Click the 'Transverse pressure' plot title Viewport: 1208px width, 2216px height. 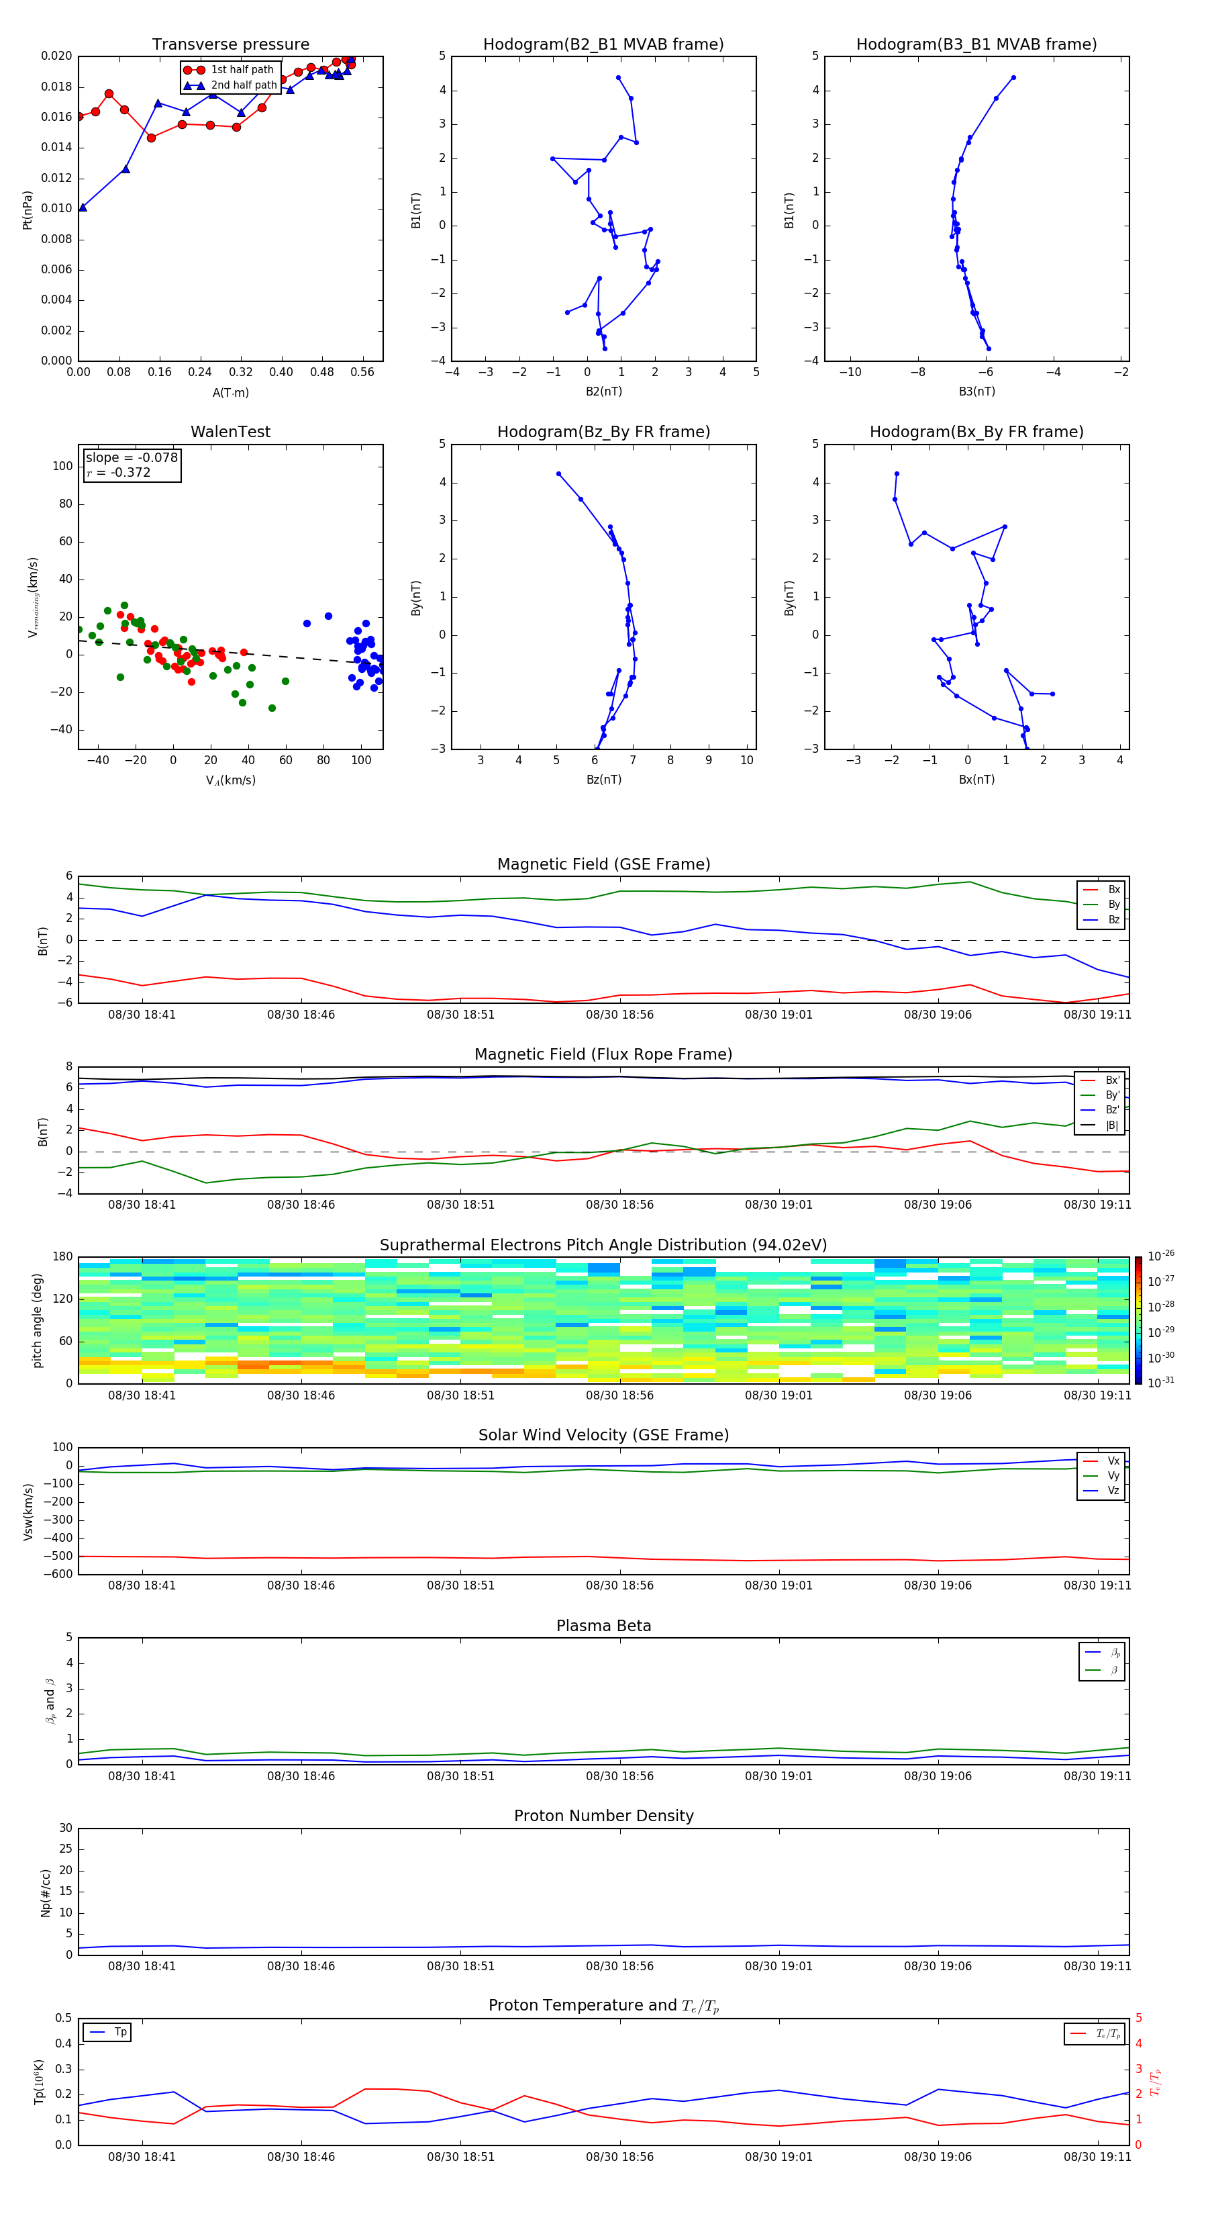point(230,45)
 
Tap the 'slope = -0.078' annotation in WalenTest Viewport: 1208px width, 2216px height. point(132,458)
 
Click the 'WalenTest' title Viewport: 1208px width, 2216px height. point(230,432)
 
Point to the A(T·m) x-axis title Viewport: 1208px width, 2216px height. point(230,393)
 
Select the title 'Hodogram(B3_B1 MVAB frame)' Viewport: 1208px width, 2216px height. point(976,45)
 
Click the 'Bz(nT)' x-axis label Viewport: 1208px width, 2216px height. point(603,780)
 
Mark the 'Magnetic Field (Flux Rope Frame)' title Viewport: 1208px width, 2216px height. point(603,1055)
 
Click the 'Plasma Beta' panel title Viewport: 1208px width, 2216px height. point(603,1626)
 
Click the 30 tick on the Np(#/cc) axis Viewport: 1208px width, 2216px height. point(65,1828)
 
